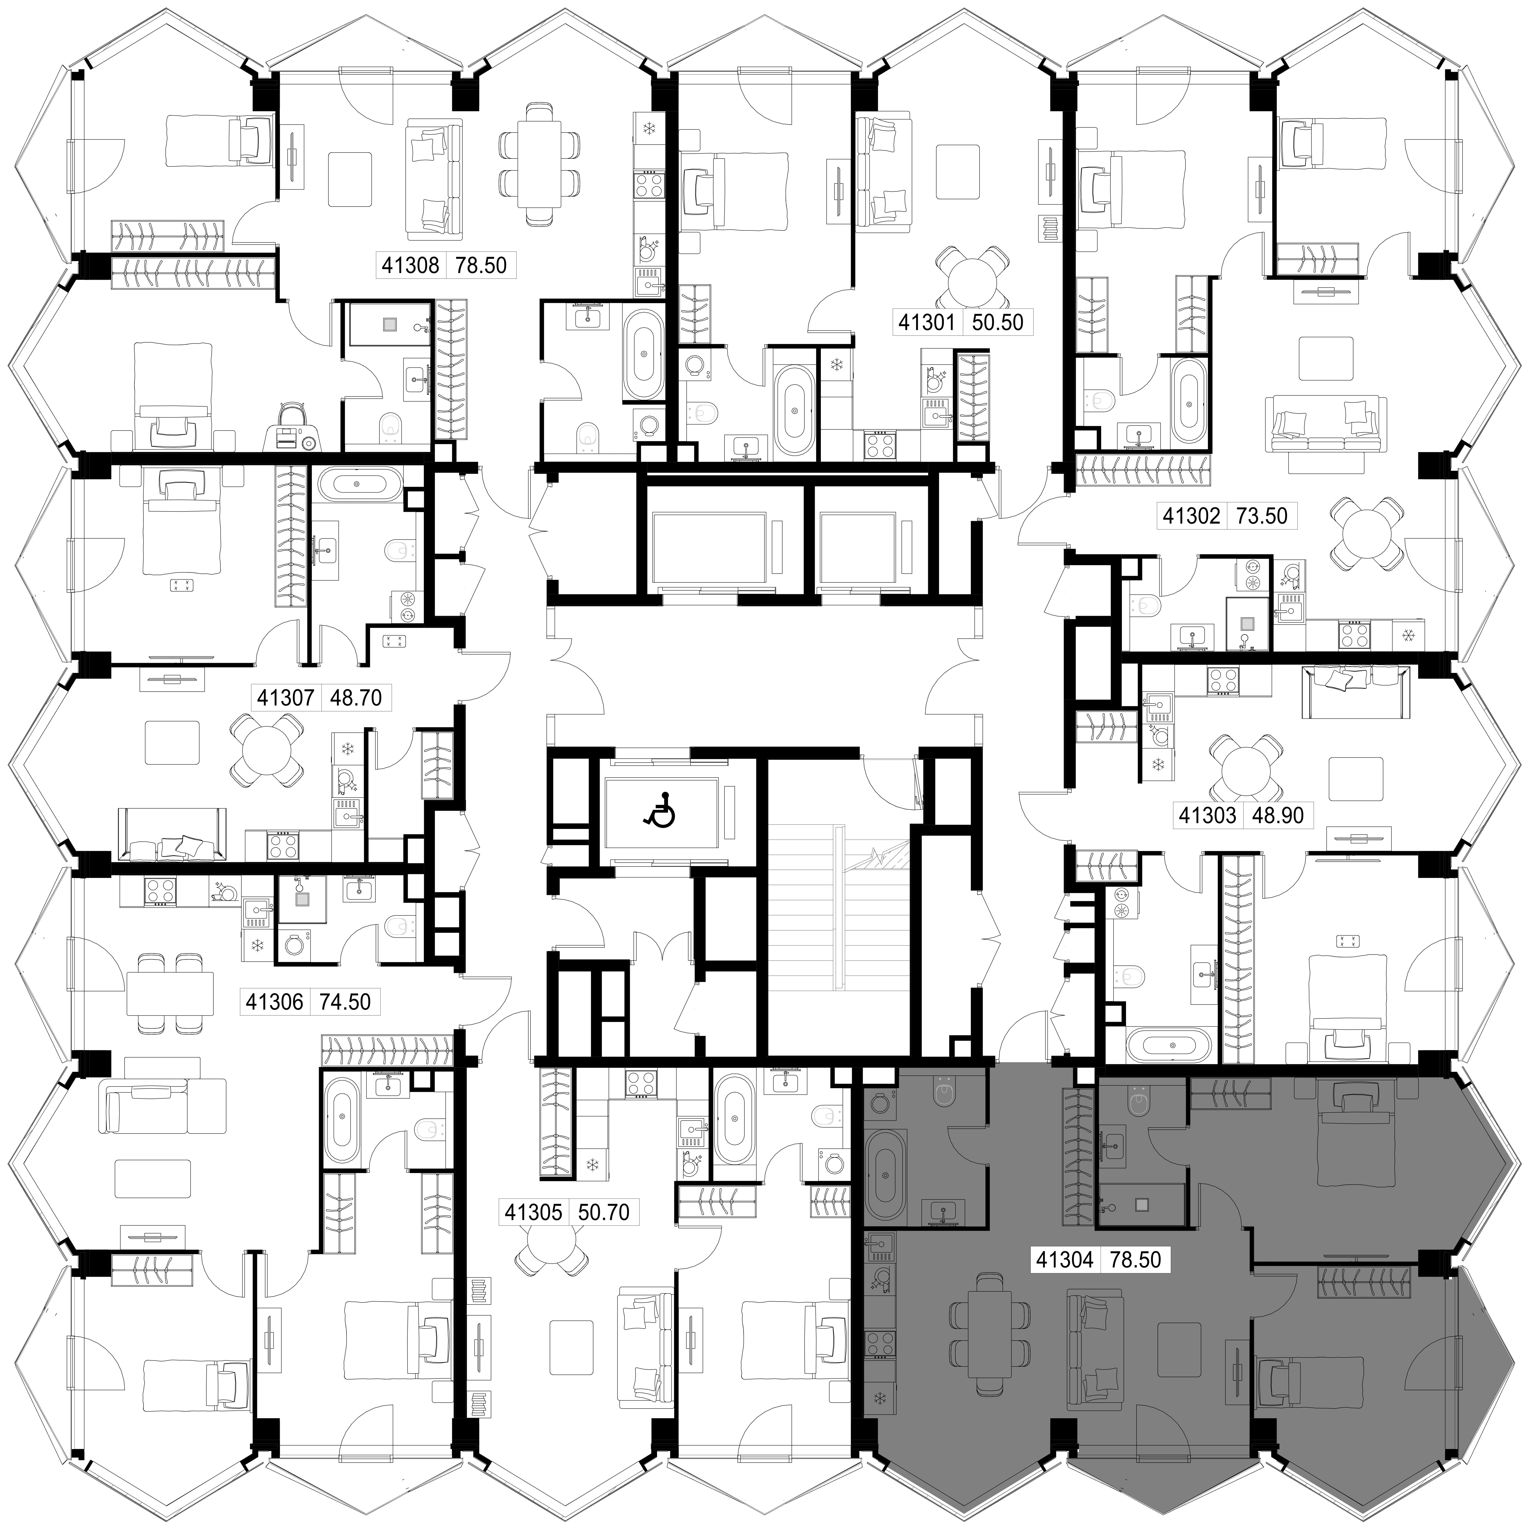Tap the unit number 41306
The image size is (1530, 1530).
[274, 1002]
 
